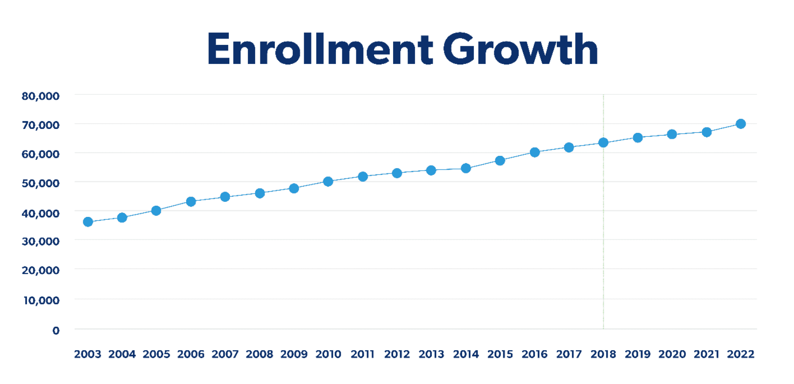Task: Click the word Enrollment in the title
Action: [320, 49]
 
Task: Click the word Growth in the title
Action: [520, 49]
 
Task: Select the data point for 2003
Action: [88, 222]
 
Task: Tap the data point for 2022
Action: [741, 124]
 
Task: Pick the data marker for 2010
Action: [328, 182]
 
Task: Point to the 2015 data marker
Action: [500, 161]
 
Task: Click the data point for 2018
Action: [603, 143]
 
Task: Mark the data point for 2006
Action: [191, 202]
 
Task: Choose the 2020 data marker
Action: [672, 134]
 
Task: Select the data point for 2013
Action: [431, 171]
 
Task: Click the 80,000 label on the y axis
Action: [41, 96]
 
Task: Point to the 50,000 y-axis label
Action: [41, 183]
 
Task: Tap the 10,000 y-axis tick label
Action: [42, 300]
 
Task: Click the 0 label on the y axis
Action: [56, 331]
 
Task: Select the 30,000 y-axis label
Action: [41, 241]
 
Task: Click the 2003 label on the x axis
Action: [88, 354]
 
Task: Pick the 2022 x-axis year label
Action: [740, 354]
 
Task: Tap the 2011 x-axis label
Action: [362, 354]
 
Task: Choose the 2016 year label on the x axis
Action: [534, 354]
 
